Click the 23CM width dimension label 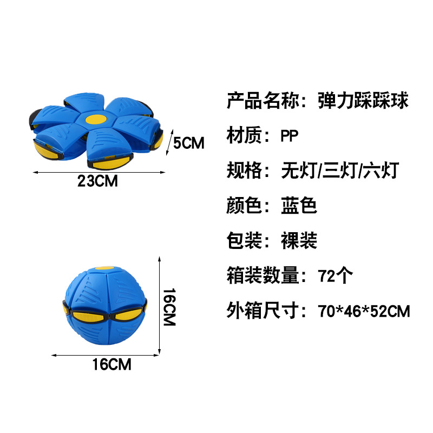(97, 181)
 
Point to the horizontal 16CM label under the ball (111, 364)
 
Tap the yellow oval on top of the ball (106, 267)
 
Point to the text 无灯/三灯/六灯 (339, 171)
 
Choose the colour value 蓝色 (298, 206)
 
